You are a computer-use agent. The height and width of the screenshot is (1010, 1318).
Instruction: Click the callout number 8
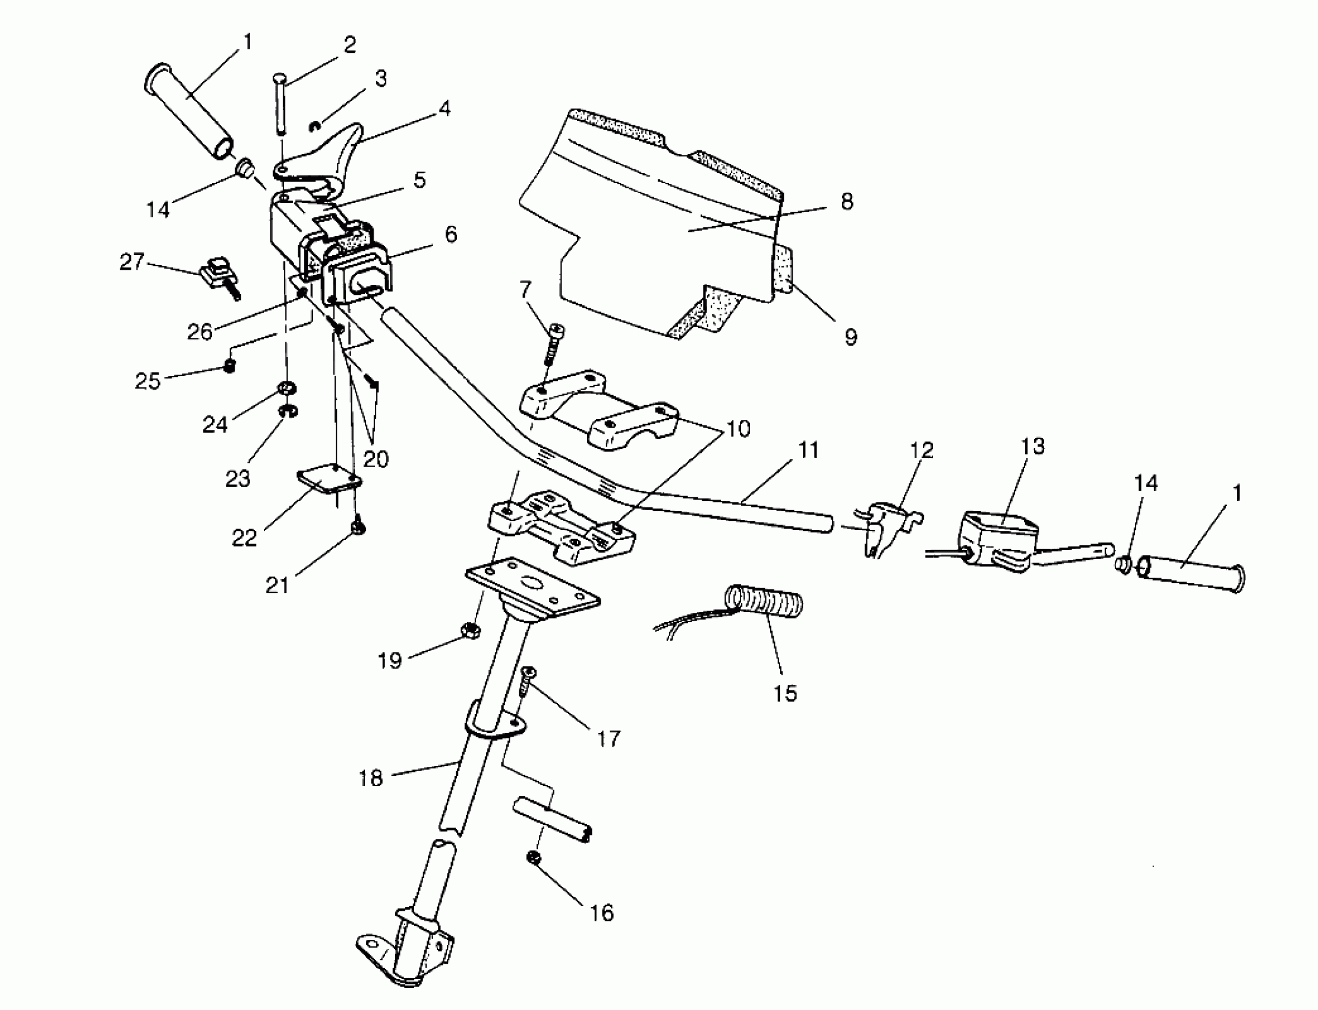[x=847, y=201]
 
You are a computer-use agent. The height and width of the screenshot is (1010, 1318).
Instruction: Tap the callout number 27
[x=132, y=262]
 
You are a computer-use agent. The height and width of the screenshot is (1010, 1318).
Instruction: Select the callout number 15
[x=784, y=693]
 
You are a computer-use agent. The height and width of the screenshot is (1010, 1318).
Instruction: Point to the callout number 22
[x=244, y=538]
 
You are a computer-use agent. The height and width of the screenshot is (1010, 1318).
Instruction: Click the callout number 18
[x=370, y=778]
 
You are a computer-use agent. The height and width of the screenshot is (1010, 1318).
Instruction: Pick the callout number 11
[x=809, y=450]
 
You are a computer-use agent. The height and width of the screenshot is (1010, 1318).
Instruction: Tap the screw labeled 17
[x=527, y=680]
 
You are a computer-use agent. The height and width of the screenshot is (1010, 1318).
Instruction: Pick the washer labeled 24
[x=286, y=389]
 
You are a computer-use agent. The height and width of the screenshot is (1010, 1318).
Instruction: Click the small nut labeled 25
[x=229, y=365]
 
